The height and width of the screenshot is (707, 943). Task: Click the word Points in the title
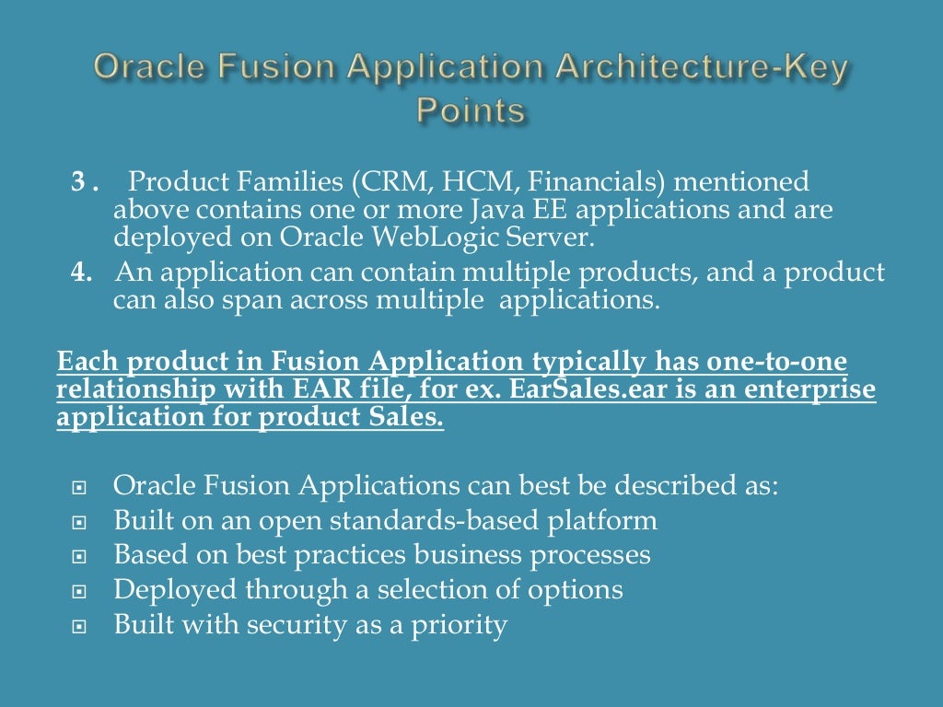(x=471, y=110)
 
